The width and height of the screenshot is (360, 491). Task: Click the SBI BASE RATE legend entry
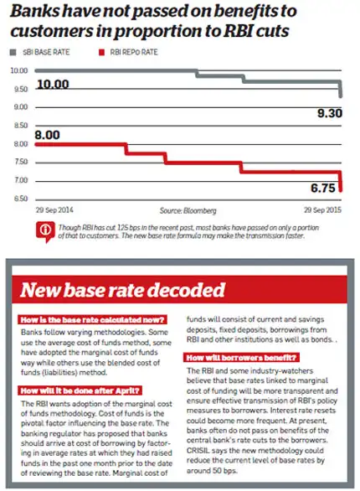pos(41,51)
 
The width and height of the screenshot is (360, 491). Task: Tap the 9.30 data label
pos(327,113)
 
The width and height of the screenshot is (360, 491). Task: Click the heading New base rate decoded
pos(122,291)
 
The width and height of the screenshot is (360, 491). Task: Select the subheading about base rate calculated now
pos(91,318)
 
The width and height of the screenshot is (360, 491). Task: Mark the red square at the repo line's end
pos(340,187)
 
